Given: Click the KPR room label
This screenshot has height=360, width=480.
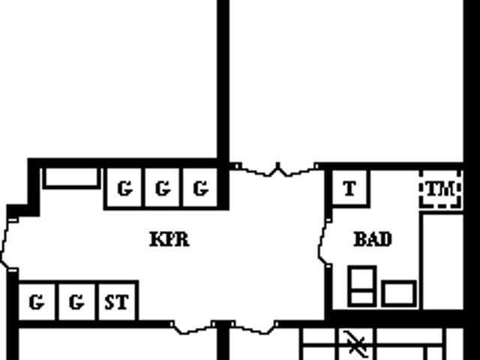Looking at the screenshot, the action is [169, 239].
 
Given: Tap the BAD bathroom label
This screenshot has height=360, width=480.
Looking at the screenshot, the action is [373, 239].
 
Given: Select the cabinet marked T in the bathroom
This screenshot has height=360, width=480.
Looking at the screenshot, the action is [351, 189].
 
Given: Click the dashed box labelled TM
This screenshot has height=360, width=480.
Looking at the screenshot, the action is [440, 190].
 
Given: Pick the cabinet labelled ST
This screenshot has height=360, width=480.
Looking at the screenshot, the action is [117, 301].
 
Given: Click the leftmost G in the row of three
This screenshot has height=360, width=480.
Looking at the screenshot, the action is [124, 188].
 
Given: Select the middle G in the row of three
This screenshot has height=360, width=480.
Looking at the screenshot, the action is [162, 188].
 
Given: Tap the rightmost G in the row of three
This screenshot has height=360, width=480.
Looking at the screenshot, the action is [200, 188].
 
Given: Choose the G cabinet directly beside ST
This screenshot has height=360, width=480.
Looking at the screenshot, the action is [76, 301].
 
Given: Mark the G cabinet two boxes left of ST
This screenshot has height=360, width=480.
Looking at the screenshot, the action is [37, 301].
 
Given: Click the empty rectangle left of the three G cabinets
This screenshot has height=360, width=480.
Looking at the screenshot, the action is [71, 178].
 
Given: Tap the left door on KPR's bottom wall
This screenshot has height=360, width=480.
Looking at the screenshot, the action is [193, 328].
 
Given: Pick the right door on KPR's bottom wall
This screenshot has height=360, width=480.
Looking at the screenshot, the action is [255, 328].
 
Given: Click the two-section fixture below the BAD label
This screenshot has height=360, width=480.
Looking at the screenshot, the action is [361, 286].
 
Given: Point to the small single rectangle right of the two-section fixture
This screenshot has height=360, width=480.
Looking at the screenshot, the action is [399, 293].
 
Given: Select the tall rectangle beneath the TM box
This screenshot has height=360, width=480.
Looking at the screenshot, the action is [442, 262].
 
